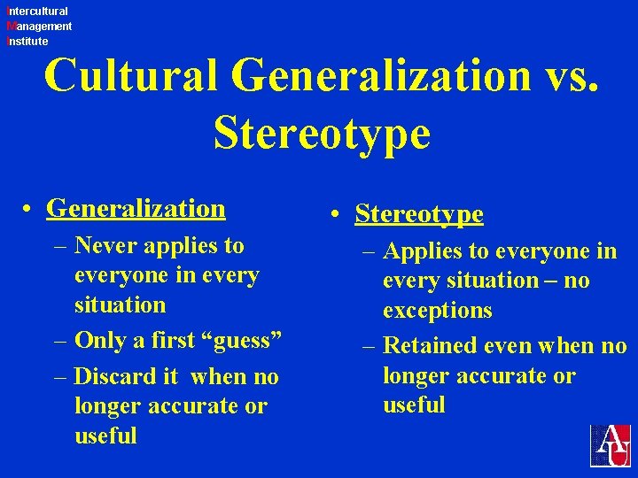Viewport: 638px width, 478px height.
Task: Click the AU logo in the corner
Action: coord(611,445)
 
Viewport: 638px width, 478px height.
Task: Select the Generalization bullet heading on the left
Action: coord(136,208)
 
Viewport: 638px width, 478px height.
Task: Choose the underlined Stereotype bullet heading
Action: coord(419,213)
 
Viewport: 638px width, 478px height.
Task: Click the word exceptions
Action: coord(438,311)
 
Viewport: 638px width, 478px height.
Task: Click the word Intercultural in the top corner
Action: coord(37,12)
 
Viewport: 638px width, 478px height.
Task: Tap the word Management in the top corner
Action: coord(39,27)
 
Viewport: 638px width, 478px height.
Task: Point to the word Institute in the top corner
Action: coord(27,41)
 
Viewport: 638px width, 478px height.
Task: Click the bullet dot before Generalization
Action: coord(29,210)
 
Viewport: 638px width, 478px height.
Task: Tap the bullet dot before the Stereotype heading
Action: coord(338,215)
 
